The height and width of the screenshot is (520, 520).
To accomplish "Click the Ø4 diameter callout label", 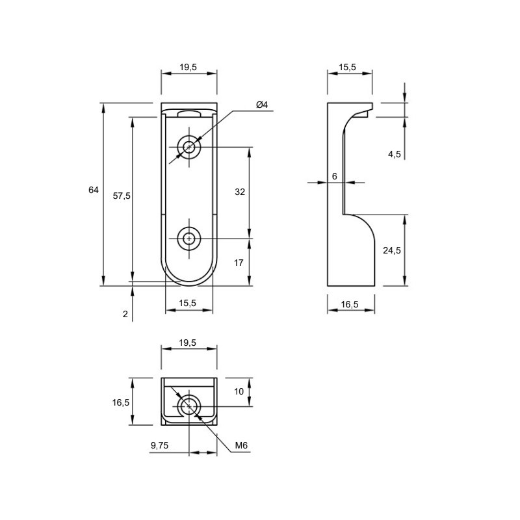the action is (262, 105).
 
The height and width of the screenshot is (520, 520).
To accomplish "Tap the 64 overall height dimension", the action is (94, 190).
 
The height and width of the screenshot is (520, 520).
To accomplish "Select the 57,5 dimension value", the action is (122, 196).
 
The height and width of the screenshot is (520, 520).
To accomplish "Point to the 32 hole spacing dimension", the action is (240, 192).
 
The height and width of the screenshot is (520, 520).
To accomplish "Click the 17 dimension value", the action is (239, 263).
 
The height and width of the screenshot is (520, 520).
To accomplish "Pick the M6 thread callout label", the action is (241, 445).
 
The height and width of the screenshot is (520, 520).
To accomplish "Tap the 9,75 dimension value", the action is (159, 445).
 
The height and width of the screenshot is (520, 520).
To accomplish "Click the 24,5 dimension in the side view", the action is (392, 250).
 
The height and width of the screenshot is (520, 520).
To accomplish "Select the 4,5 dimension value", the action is (395, 154).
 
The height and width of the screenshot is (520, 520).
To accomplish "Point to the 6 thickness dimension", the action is (335, 176).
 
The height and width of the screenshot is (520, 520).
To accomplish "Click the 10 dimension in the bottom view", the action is (239, 392).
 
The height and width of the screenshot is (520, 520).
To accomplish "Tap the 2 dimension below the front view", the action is (125, 314).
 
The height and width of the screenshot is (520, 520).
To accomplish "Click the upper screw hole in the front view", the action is (189, 147).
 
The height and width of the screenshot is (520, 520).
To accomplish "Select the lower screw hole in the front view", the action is (189, 239).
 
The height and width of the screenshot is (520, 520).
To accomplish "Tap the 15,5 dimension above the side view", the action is (347, 68).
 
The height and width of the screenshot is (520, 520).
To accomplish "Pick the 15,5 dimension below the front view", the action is (188, 303).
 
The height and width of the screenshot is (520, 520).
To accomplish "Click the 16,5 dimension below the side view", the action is (350, 304).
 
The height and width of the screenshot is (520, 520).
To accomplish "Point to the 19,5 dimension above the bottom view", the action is (188, 343).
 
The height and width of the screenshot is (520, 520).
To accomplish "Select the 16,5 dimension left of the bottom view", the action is (121, 402).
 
